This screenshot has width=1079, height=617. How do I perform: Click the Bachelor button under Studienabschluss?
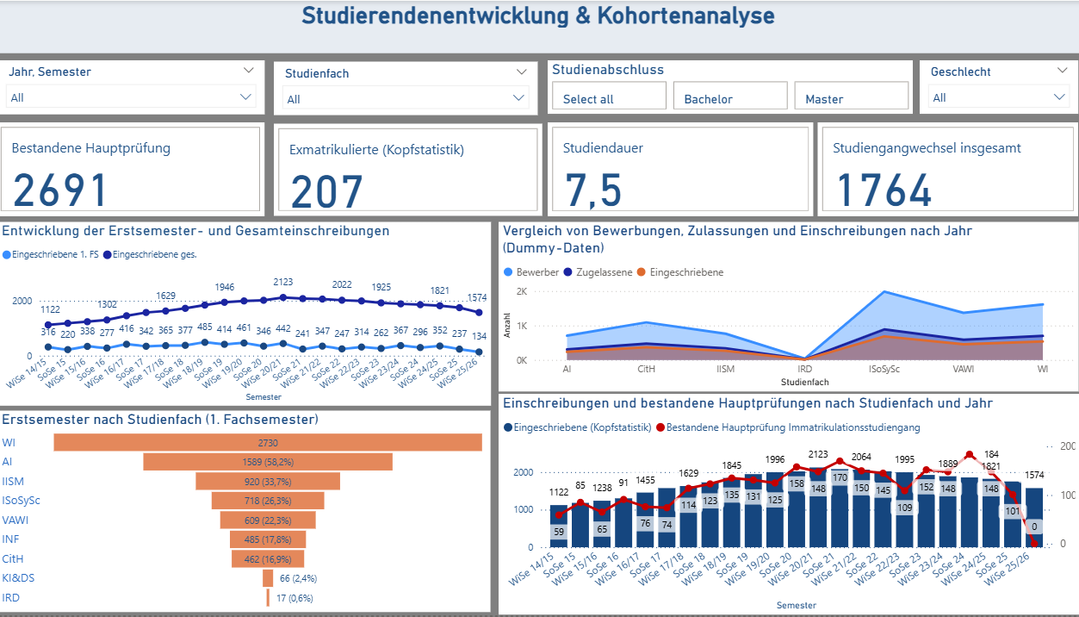click(729, 97)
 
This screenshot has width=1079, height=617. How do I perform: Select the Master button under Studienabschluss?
click(851, 97)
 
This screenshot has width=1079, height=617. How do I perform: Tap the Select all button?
click(609, 97)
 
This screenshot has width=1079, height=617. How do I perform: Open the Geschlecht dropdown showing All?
click(999, 97)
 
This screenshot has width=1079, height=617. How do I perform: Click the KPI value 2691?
click(60, 190)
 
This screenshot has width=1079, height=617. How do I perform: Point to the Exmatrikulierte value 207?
click(327, 191)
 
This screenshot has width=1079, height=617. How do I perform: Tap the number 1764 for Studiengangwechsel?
click(884, 190)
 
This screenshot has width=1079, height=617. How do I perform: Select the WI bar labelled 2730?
click(267, 442)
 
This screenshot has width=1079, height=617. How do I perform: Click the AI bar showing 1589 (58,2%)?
click(267, 462)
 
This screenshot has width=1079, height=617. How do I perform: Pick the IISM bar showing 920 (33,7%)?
click(267, 481)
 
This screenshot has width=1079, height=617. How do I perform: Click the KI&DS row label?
click(18, 577)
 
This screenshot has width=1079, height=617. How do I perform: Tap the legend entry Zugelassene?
click(597, 271)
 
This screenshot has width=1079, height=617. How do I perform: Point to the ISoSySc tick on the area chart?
click(895, 369)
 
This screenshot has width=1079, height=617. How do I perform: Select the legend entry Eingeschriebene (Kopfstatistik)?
click(577, 427)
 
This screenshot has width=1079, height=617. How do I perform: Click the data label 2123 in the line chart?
click(282, 282)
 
